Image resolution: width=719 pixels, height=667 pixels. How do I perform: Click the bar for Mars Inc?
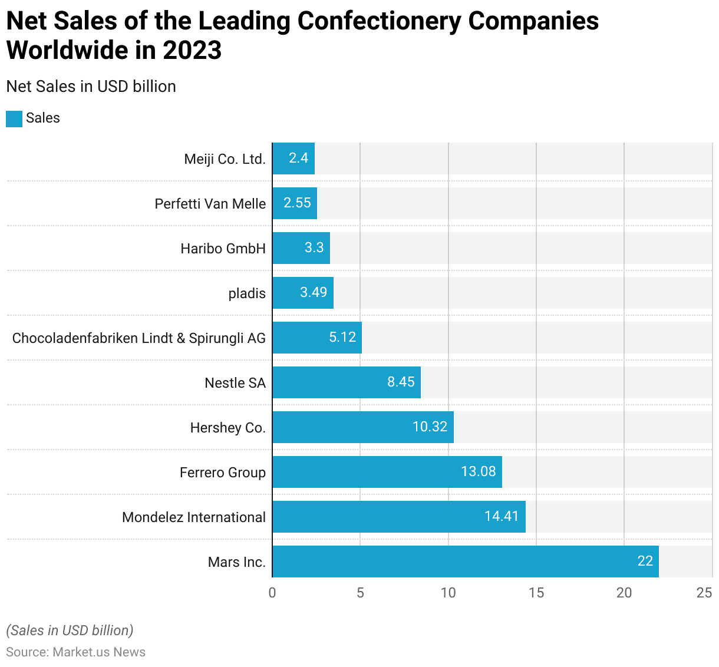click(x=466, y=562)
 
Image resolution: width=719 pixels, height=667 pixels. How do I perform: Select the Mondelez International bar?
click(x=399, y=517)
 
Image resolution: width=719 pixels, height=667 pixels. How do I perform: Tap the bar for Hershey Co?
click(x=363, y=427)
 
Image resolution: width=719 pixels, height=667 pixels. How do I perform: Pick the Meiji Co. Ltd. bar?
click(x=293, y=159)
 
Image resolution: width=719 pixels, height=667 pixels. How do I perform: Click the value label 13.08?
click(x=478, y=471)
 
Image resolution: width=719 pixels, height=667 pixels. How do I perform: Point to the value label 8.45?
click(x=401, y=382)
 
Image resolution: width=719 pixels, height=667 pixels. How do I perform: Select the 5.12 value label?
click(x=342, y=337)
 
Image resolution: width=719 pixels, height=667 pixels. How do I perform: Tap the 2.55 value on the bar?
click(x=297, y=203)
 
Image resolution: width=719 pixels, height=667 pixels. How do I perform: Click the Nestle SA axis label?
click(x=235, y=383)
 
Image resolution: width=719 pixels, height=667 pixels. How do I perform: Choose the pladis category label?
click(x=247, y=293)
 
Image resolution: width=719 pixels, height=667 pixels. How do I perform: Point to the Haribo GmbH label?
click(x=223, y=249)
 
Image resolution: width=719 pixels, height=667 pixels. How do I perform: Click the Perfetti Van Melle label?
click(x=210, y=204)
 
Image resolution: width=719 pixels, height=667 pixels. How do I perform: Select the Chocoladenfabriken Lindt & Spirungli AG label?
click(x=139, y=338)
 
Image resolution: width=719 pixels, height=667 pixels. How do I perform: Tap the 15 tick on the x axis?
click(x=536, y=593)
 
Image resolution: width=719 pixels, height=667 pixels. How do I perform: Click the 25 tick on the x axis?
click(x=704, y=593)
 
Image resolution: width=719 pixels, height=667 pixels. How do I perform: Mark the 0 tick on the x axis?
click(x=272, y=593)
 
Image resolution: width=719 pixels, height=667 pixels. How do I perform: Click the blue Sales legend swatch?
click(x=14, y=118)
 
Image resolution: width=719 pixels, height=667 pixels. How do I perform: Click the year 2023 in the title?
click(x=192, y=50)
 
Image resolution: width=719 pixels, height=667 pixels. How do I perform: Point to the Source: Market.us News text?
click(x=76, y=652)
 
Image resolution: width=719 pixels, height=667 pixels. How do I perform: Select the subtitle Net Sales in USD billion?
click(x=91, y=87)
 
